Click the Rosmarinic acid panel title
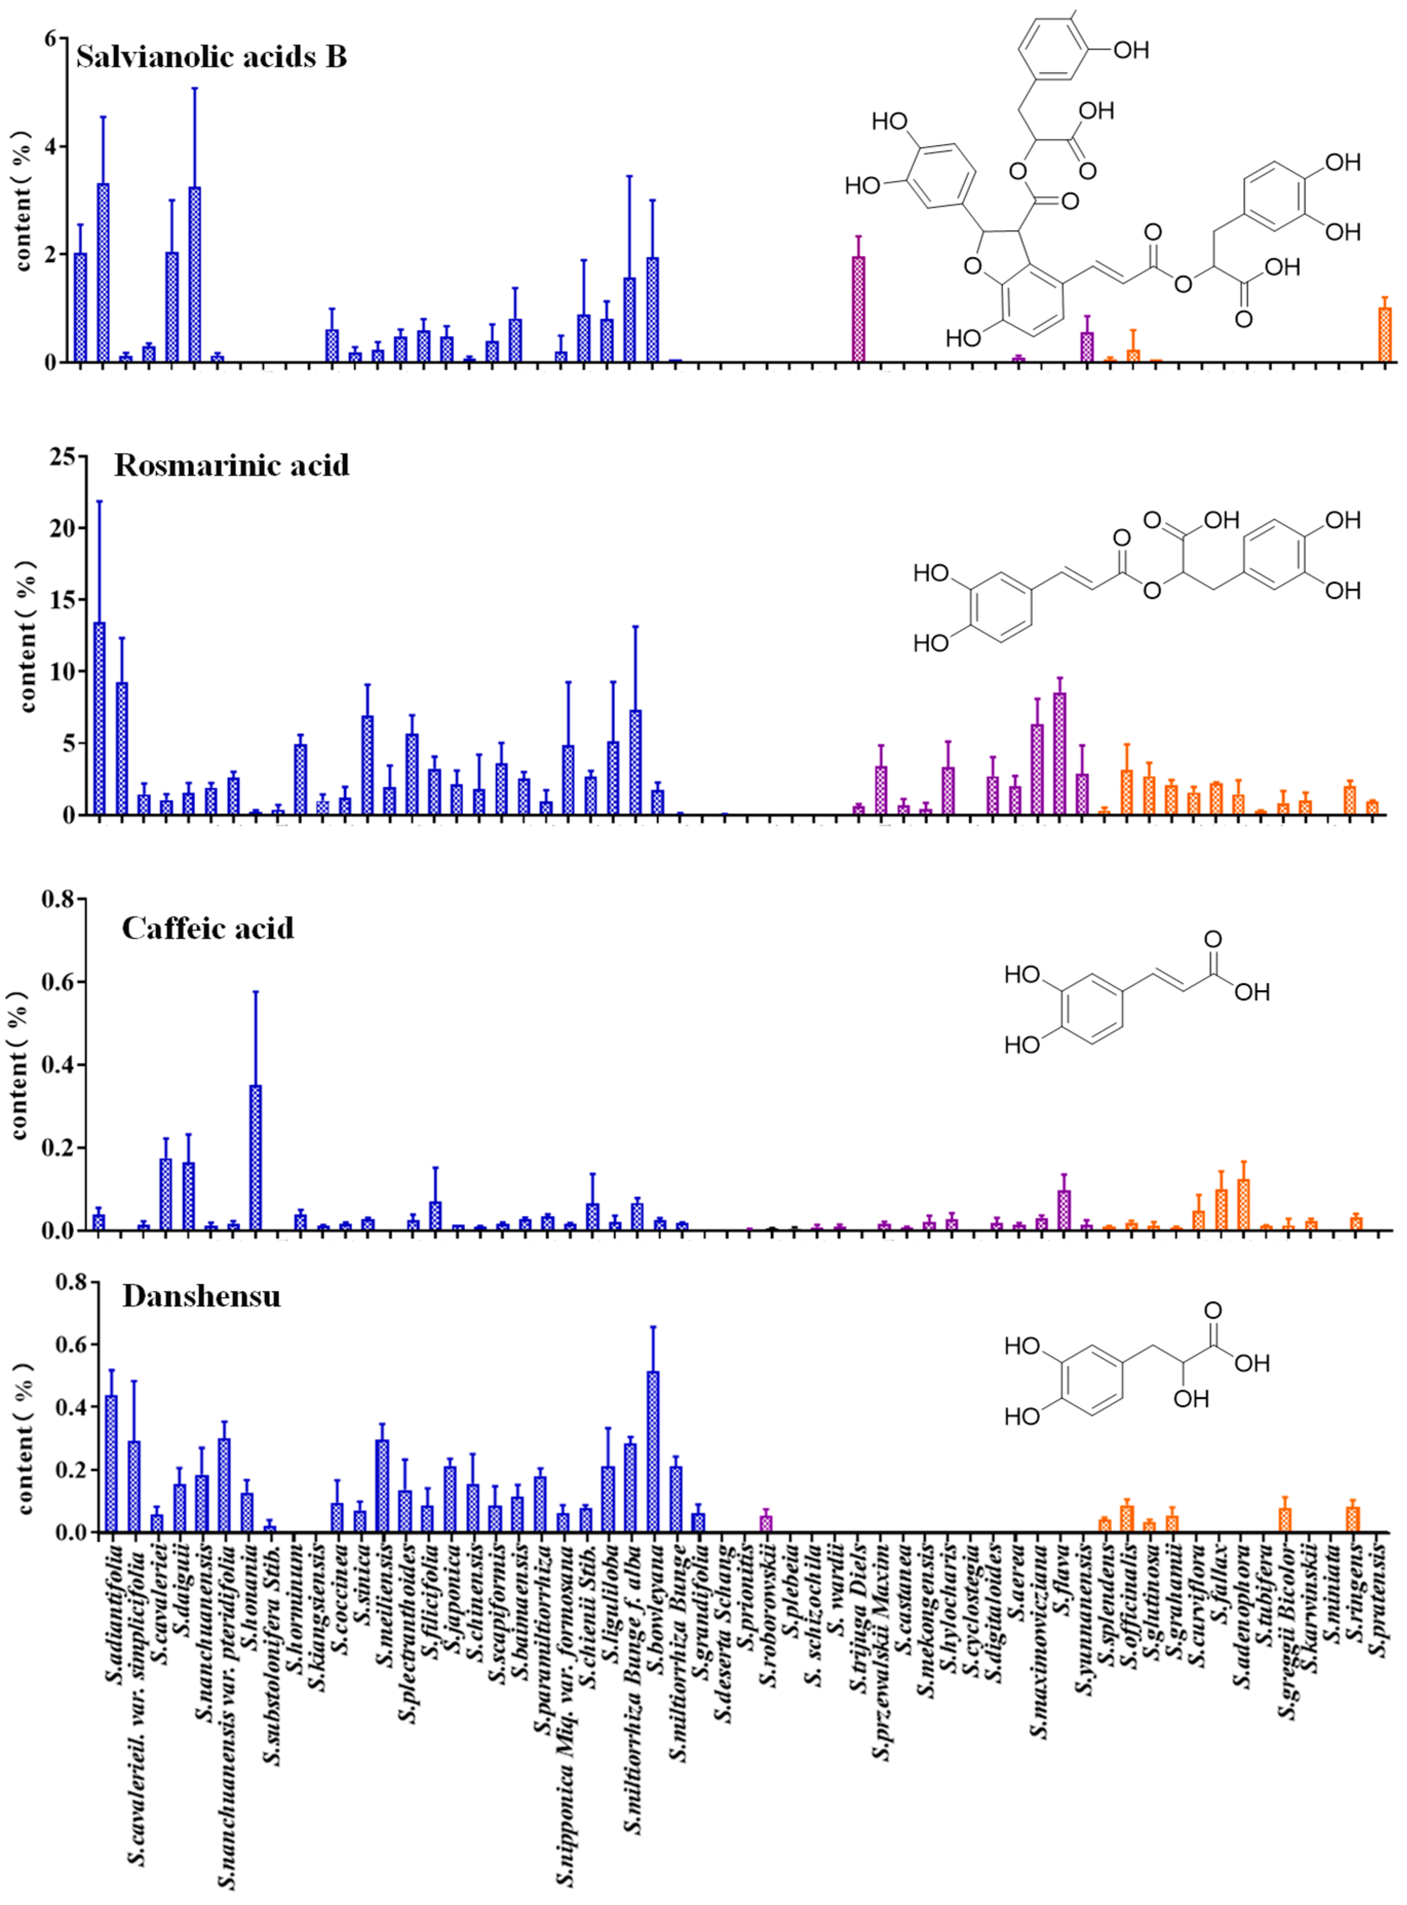click(x=232, y=465)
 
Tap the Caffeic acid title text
click(x=208, y=928)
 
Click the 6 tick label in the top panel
click(x=51, y=39)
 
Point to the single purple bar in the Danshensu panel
click(x=766, y=1523)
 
